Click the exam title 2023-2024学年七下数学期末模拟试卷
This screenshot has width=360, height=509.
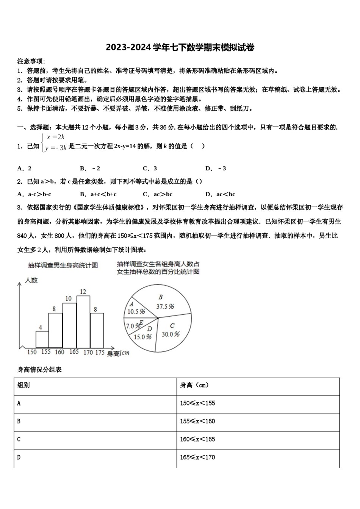pyautogui.click(x=180, y=47)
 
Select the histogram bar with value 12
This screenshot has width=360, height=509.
pyautogui.click(x=83, y=322)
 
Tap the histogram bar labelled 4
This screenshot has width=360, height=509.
pyautogui.click(x=42, y=339)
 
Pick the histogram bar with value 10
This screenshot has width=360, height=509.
pyautogui.click(x=69, y=326)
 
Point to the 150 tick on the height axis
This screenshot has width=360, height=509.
pyautogui.click(x=32, y=352)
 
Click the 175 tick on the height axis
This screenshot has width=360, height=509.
pyautogui.click(x=100, y=352)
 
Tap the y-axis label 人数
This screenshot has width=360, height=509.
pyautogui.click(x=31, y=281)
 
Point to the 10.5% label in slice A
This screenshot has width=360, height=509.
pyautogui.click(x=136, y=312)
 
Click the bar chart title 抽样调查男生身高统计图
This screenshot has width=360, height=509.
pyautogui.click(x=63, y=265)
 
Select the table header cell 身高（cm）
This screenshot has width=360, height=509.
pyautogui.click(x=194, y=385)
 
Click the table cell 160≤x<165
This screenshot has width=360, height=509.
pyautogui.click(x=197, y=439)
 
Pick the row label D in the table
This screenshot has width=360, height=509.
pyautogui.click(x=19, y=457)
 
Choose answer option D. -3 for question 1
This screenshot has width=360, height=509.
pyautogui.click(x=216, y=169)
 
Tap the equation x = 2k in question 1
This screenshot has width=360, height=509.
pyautogui.click(x=56, y=137)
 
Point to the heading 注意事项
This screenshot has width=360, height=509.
pyautogui.click(x=31, y=61)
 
